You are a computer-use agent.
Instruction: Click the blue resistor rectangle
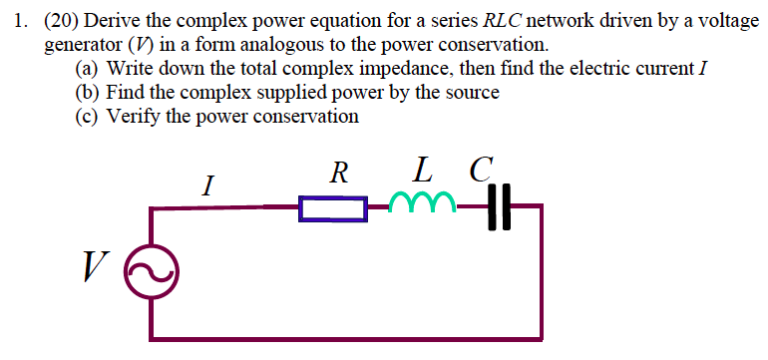click(333, 208)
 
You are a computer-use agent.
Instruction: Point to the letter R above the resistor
click(338, 174)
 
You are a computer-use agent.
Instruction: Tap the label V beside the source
click(96, 266)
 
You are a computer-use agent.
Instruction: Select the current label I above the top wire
click(207, 184)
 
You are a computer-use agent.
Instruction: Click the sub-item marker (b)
click(88, 93)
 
